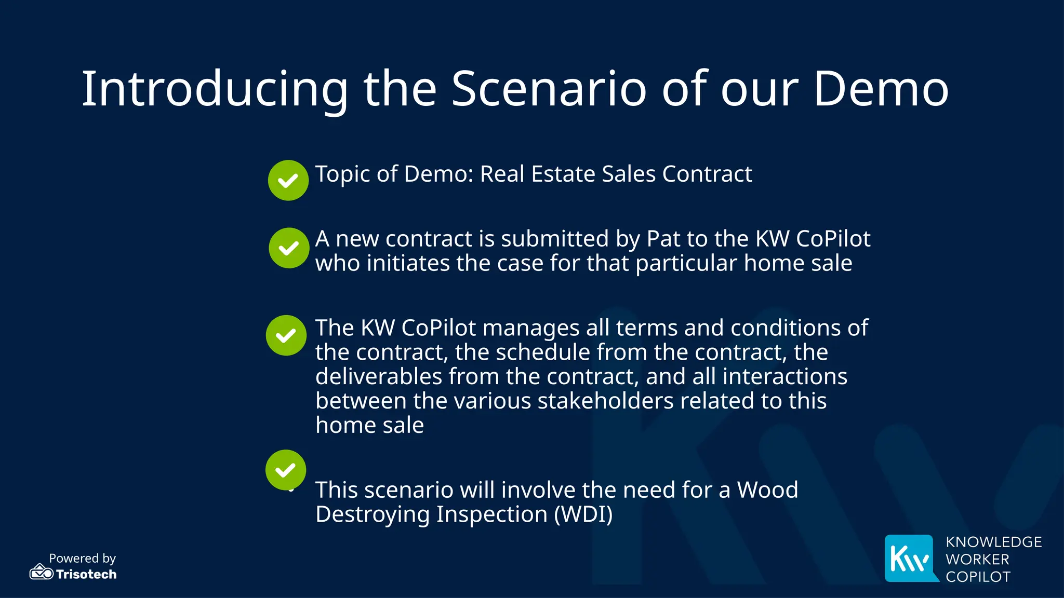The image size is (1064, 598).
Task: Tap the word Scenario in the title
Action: [x=549, y=89]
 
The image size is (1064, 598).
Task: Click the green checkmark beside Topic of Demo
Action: [x=288, y=180]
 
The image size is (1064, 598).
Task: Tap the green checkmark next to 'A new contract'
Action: [x=289, y=248]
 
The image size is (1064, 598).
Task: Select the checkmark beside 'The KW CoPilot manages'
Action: [x=286, y=335]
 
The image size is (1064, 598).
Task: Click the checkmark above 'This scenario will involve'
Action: [x=286, y=470]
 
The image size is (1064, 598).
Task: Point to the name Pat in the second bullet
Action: [x=663, y=239]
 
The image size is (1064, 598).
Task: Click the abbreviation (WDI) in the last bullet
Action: [x=583, y=514]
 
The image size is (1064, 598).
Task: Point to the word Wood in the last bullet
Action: [x=767, y=490]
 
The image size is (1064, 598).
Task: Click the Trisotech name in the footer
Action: [x=86, y=574]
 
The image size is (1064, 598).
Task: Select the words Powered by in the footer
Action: [x=82, y=558]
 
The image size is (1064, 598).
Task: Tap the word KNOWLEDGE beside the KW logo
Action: [x=993, y=542]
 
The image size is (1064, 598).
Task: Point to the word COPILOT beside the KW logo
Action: [x=978, y=577]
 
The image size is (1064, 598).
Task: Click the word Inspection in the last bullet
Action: [x=491, y=514]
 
